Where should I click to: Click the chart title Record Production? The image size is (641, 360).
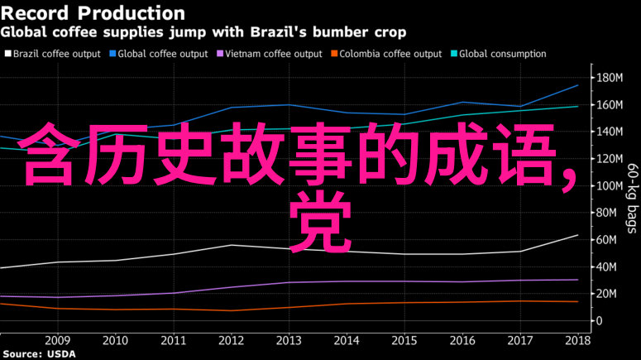click(x=93, y=13)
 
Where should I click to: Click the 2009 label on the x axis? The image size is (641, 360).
click(x=57, y=340)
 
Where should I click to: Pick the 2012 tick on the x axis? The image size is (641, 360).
click(x=232, y=340)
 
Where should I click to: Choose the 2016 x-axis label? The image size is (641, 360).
click(x=462, y=340)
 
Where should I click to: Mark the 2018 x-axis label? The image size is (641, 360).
click(x=577, y=340)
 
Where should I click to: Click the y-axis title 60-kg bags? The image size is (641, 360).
click(x=631, y=199)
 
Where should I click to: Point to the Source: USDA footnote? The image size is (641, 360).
click(x=38, y=353)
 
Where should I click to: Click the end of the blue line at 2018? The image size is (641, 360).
click(x=577, y=85)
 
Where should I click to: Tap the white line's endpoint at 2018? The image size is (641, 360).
click(x=577, y=235)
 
